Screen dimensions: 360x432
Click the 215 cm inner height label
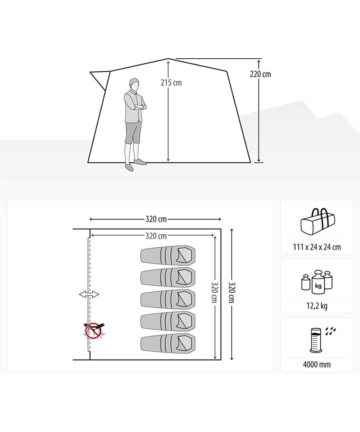tap(171, 83)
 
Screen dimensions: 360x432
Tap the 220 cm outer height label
tap(260, 74)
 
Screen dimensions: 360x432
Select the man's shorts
tap(133, 132)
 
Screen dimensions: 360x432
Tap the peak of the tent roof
tap(168, 59)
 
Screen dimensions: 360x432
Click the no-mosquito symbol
tap(94, 331)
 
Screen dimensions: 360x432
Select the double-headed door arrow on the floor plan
tap(89, 294)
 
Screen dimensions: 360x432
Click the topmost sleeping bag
tap(168, 255)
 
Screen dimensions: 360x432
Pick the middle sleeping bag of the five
tap(168, 299)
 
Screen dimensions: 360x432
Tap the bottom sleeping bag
tap(168, 343)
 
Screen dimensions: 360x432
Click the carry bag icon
tap(318, 221)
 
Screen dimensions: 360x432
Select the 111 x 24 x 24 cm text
tap(317, 247)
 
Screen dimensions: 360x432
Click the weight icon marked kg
tap(317, 282)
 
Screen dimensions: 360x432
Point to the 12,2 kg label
tap(317, 306)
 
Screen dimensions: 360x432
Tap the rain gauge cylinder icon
tap(316, 340)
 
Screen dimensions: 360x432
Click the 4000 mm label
tap(317, 365)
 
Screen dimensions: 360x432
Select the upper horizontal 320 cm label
tap(156, 219)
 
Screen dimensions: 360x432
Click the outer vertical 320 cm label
tap(232, 293)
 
